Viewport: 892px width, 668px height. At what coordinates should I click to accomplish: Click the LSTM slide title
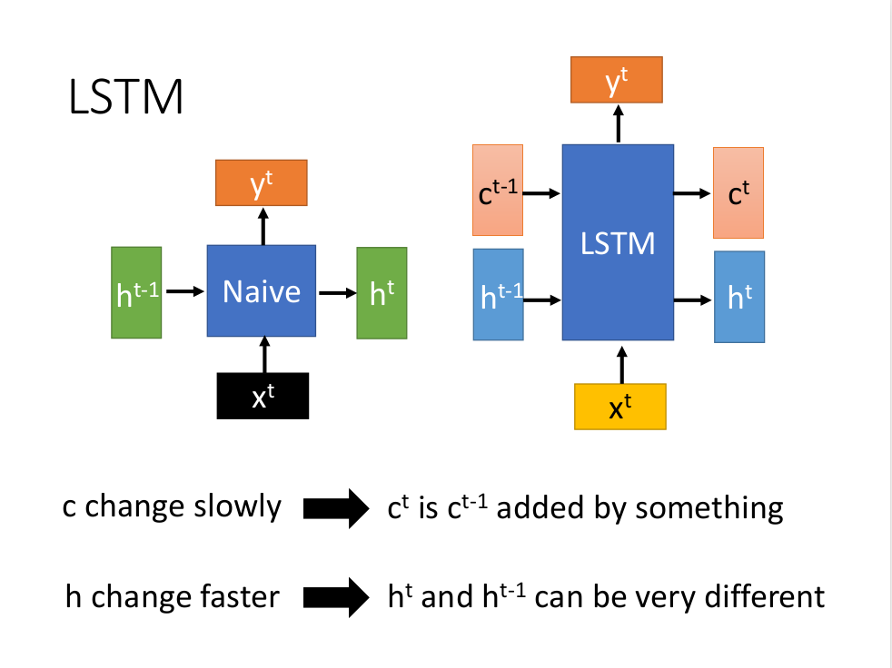click(126, 97)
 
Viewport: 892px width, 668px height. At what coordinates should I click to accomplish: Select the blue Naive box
click(262, 291)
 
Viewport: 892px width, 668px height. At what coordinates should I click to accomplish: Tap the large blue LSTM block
click(618, 242)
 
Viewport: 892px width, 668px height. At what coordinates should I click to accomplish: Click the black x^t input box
click(263, 396)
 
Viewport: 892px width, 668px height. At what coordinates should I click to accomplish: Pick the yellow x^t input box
click(620, 407)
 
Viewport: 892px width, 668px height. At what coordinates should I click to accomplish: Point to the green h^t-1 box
click(136, 292)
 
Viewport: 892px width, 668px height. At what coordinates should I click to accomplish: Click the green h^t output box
click(382, 292)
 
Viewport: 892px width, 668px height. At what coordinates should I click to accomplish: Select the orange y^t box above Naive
click(262, 182)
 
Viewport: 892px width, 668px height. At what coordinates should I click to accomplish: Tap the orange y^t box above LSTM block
click(617, 79)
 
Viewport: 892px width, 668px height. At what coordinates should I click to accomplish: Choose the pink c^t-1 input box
click(498, 190)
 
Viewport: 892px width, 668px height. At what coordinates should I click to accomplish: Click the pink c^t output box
click(738, 192)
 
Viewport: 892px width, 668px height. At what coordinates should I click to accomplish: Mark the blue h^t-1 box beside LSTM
click(499, 294)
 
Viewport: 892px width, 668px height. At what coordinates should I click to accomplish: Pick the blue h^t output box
click(739, 297)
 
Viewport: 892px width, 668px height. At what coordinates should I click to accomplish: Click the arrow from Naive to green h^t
click(335, 292)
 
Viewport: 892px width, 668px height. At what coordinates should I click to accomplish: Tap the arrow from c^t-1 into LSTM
click(542, 192)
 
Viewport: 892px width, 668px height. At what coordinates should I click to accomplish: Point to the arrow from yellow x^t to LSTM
click(621, 363)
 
